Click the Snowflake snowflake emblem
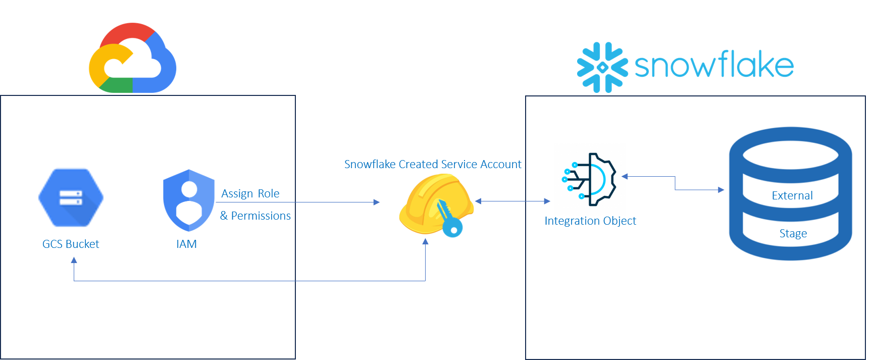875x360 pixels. [602, 67]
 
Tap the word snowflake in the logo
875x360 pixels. [714, 66]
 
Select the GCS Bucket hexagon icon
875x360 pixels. [71, 198]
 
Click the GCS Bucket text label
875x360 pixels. [71, 244]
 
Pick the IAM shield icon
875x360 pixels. [189, 200]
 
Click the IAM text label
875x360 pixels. [186, 244]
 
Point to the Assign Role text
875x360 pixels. [250, 193]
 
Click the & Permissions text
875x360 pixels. [255, 216]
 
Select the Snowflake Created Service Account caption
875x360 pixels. [433, 164]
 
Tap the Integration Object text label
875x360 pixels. [590, 221]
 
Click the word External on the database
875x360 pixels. [792, 196]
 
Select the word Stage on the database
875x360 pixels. [793, 234]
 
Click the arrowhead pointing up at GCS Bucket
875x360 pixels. [74, 260]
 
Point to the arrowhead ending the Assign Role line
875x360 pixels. [377, 202]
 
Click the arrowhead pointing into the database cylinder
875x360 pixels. [721, 190]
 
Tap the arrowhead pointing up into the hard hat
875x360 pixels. [425, 241]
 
